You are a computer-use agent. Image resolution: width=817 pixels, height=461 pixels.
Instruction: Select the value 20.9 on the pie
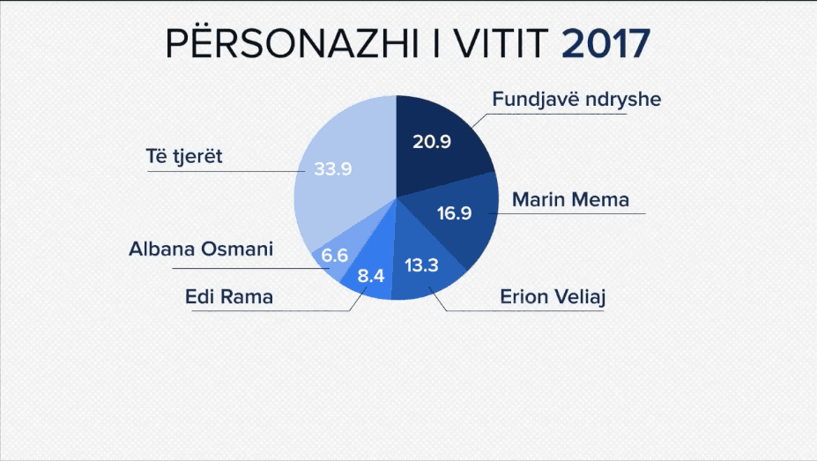pyautogui.click(x=433, y=140)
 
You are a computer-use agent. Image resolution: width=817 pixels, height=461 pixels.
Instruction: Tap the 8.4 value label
pyautogui.click(x=371, y=276)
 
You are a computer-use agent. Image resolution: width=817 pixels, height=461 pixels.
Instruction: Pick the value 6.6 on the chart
pyautogui.click(x=335, y=256)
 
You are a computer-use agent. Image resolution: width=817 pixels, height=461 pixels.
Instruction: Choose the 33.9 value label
pyautogui.click(x=333, y=169)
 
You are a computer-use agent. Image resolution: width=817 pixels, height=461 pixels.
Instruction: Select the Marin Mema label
pyautogui.click(x=570, y=199)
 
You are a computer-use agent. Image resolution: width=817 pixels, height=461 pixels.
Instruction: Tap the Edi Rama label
pyautogui.click(x=229, y=296)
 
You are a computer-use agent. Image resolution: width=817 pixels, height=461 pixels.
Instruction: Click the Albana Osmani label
pyautogui.click(x=200, y=249)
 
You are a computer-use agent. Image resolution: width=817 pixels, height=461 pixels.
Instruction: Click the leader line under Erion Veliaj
pyautogui.click(x=538, y=311)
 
